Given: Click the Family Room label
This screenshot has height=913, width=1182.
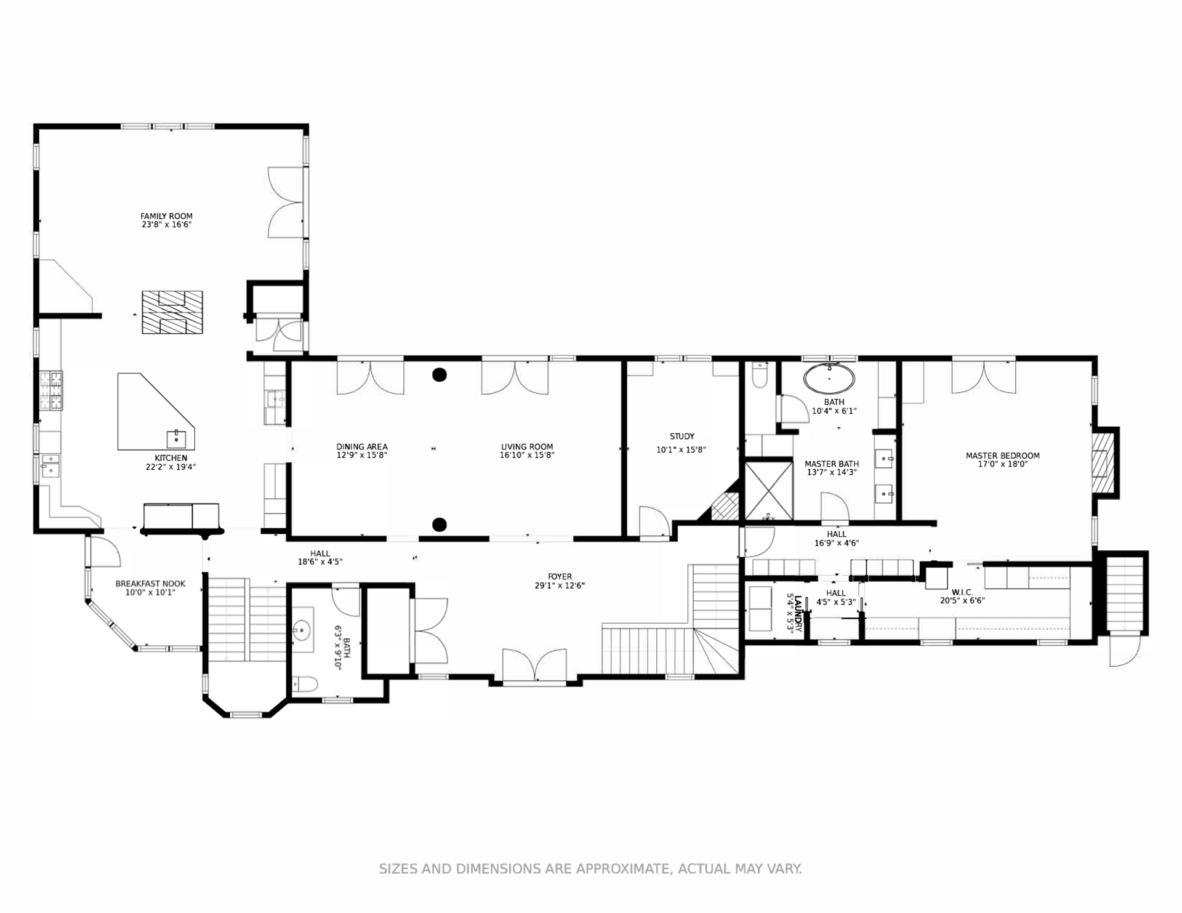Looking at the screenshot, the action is click(x=166, y=216).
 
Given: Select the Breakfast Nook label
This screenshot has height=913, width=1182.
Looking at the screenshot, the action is click(x=150, y=584).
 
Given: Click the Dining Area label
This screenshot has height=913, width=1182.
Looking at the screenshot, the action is click(x=362, y=447).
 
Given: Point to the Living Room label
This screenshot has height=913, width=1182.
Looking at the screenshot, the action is click(x=527, y=447).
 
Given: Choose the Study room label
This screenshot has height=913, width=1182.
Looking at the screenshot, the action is click(x=682, y=436).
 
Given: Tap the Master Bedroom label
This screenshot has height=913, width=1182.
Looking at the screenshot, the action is click(x=1003, y=456).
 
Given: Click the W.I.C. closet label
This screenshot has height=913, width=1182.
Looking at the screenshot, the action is click(x=962, y=592).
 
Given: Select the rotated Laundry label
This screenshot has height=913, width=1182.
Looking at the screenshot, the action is click(x=798, y=613).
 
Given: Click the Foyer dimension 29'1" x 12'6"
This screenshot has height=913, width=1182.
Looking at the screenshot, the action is click(x=560, y=585).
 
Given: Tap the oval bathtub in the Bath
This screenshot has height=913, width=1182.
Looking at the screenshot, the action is click(x=829, y=379).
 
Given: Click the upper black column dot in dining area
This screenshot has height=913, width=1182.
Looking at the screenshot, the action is click(x=439, y=374).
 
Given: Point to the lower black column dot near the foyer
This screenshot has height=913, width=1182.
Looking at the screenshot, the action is click(x=439, y=525).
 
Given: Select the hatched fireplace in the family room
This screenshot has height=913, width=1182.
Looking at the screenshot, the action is click(x=172, y=312).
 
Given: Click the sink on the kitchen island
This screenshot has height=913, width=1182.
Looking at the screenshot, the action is click(x=176, y=438).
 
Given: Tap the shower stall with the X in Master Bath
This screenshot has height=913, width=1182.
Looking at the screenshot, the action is click(x=769, y=491).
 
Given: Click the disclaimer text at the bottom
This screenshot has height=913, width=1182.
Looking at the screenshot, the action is click(x=590, y=869).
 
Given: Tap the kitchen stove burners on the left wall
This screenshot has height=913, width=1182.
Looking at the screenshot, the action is click(x=51, y=391).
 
